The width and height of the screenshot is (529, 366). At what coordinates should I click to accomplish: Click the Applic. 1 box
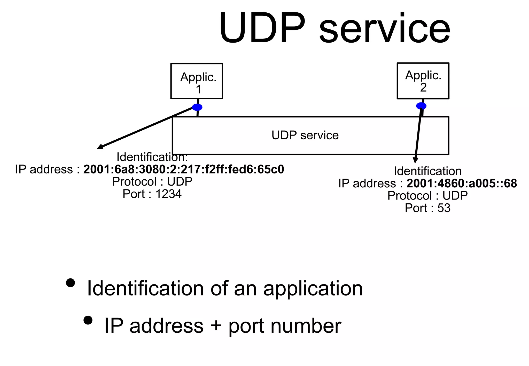point(197,81)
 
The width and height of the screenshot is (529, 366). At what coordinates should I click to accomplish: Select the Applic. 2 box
point(423,81)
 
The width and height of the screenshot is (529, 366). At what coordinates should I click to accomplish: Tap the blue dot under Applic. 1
point(197,107)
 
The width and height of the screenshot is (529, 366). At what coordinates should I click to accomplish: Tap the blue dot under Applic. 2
point(421,106)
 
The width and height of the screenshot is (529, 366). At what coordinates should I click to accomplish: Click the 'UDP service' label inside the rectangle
point(305,135)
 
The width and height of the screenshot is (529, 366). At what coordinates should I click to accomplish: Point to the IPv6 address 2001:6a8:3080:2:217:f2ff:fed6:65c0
point(184,169)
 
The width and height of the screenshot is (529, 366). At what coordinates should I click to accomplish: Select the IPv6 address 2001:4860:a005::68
point(462,183)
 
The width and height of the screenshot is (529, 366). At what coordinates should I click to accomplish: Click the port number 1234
point(168,194)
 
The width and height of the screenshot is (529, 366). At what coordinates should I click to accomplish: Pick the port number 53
point(444,208)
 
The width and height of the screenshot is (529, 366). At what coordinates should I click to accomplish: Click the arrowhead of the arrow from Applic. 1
point(99,147)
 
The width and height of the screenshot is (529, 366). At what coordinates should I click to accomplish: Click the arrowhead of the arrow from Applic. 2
point(415,160)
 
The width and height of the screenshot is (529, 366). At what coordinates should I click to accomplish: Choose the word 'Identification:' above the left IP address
point(152,157)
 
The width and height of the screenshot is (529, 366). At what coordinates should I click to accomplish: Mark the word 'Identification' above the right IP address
point(427,171)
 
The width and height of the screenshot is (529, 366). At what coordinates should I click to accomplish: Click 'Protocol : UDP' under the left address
point(152,182)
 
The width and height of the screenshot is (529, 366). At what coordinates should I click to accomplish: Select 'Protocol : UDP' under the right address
point(427,196)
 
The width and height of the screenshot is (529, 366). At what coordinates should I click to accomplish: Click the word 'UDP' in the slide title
point(262,28)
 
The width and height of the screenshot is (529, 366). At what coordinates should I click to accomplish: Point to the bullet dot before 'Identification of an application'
point(70,283)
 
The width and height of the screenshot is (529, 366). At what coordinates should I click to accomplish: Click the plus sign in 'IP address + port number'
point(216,325)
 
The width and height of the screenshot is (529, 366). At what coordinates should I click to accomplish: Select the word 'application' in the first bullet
point(313,289)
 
